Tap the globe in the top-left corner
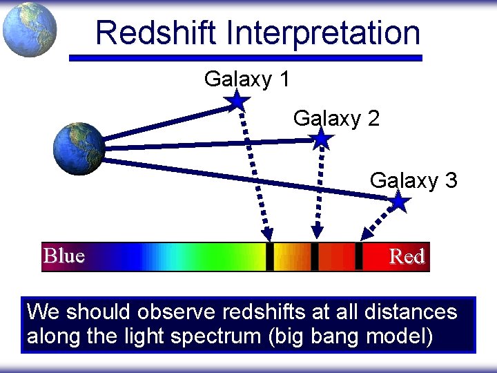click(29, 30)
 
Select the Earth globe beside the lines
click(79, 149)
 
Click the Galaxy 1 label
click(246, 79)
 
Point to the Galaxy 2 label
click(336, 119)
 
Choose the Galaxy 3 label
click(413, 180)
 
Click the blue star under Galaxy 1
click(237, 101)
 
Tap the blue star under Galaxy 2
click(322, 140)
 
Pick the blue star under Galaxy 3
click(399, 202)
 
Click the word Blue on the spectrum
click(64, 256)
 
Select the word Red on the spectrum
click(407, 257)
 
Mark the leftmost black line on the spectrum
click(270, 256)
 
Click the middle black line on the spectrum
click(315, 256)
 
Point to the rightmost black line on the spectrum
click(358, 256)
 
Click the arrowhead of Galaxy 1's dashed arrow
click(268, 234)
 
